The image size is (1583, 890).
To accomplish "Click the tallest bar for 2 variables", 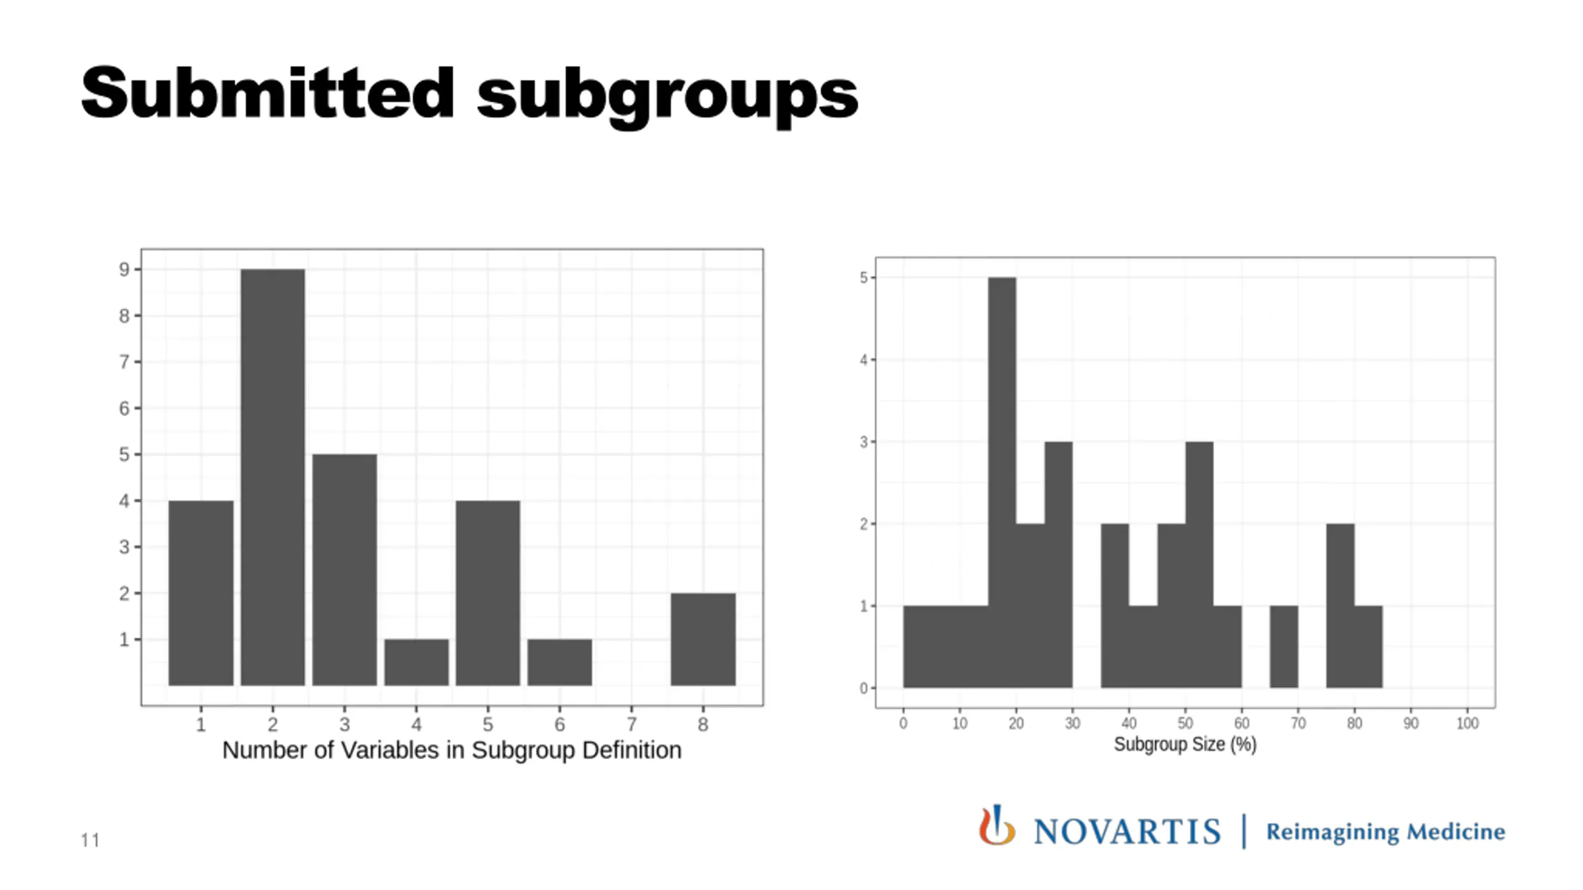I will point(273,477).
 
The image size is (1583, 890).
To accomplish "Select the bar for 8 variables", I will point(703,639).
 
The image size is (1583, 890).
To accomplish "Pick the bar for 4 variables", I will point(416,662).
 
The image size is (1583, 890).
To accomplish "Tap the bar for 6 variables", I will point(560,662).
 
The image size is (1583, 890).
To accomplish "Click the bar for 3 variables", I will point(344,570).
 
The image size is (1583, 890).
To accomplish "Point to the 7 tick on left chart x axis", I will point(631,724).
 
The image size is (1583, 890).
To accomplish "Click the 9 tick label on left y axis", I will point(124,269).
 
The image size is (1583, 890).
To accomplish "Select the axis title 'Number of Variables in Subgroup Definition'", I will point(451,750).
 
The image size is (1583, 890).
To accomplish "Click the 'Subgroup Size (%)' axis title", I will point(1185,744).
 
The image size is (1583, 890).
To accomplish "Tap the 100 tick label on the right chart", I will point(1467,723).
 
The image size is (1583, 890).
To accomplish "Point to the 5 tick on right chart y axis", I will point(863,278).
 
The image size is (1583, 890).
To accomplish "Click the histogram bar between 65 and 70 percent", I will point(1284,646).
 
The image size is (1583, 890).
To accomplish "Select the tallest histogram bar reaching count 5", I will point(1002,482).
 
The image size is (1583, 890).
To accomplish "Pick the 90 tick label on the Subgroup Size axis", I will point(1411,723).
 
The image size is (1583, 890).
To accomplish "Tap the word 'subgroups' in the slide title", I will point(668,96).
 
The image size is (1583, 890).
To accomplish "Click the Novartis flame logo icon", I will point(996,826).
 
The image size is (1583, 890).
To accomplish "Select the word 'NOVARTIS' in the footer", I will point(1127,832).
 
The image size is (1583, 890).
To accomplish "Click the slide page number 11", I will point(90,841).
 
